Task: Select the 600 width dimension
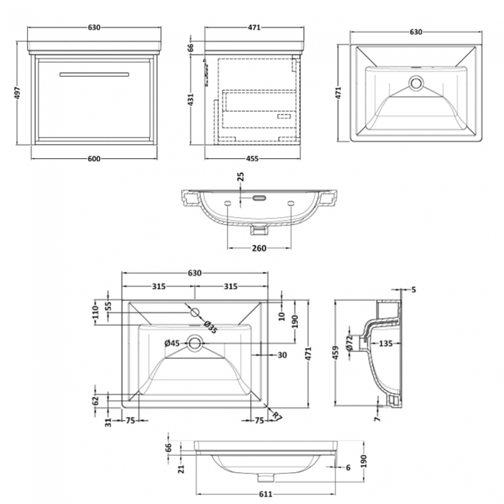point(93,159)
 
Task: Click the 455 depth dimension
point(252,159)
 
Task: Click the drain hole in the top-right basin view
point(416,81)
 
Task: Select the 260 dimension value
point(259,248)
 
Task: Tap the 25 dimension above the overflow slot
point(240,181)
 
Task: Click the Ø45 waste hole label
point(172,343)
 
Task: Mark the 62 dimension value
point(96,401)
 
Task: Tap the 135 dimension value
point(385,344)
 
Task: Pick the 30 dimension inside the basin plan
point(282,356)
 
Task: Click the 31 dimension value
point(109,423)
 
